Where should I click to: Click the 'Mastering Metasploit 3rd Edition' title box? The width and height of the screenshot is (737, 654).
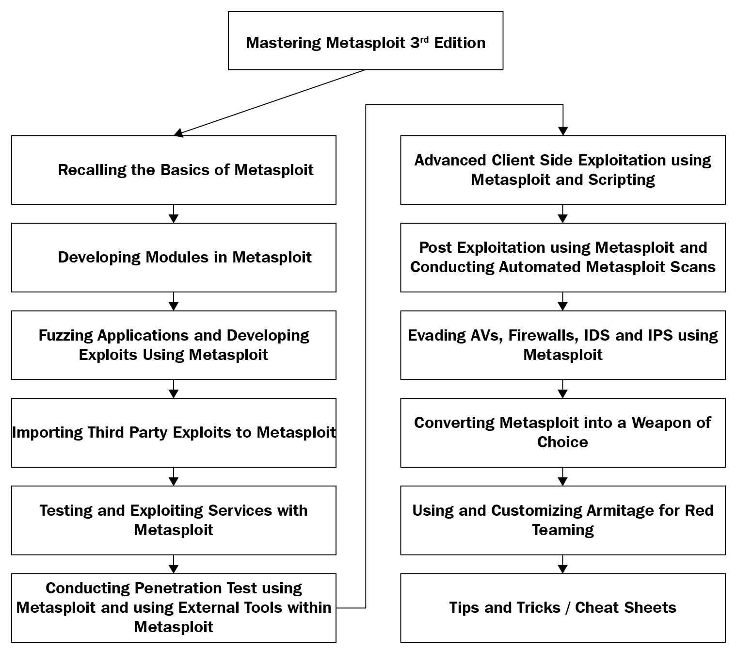click(366, 40)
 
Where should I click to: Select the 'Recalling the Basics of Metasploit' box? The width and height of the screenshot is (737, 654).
click(174, 170)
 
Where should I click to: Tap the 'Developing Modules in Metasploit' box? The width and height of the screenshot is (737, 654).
click(174, 257)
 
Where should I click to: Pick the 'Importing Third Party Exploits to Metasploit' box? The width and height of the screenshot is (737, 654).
click(174, 433)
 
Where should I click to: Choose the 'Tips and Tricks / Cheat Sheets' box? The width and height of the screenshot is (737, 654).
click(563, 608)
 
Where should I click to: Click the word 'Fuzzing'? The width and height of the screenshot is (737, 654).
click(65, 336)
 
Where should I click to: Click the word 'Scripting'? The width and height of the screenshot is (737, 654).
click(621, 180)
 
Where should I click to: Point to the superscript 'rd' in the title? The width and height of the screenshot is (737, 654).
click(424, 39)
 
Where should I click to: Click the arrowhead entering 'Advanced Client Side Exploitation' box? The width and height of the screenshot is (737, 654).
click(563, 131)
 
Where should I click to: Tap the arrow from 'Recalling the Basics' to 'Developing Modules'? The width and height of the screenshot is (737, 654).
click(174, 213)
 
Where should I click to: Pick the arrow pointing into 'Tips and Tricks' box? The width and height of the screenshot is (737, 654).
click(563, 564)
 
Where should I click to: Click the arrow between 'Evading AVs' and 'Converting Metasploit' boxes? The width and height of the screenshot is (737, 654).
click(563, 389)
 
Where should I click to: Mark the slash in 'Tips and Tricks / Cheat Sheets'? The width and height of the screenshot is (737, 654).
click(567, 608)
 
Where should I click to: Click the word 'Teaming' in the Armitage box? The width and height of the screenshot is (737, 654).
click(563, 530)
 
